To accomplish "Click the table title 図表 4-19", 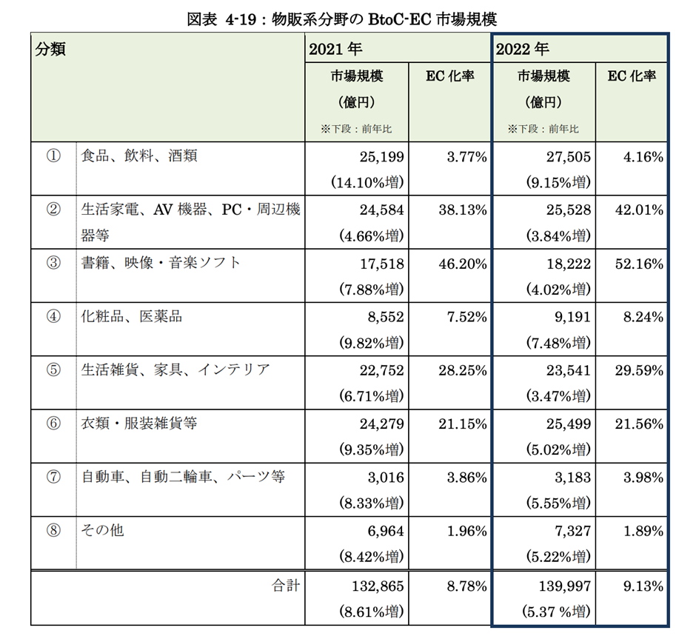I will (349, 16).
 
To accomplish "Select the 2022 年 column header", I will (523, 50).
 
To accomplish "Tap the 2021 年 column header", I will (335, 50).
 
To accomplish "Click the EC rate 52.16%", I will (639, 263).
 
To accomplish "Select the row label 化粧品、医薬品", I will (132, 316).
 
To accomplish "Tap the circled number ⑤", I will (53, 369).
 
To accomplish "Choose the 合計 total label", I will (284, 586).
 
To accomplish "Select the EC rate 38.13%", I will (462, 210).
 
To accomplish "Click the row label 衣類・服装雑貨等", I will (139, 423).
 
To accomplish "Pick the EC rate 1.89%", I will (643, 530).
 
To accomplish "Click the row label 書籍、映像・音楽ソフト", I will (161, 263).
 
